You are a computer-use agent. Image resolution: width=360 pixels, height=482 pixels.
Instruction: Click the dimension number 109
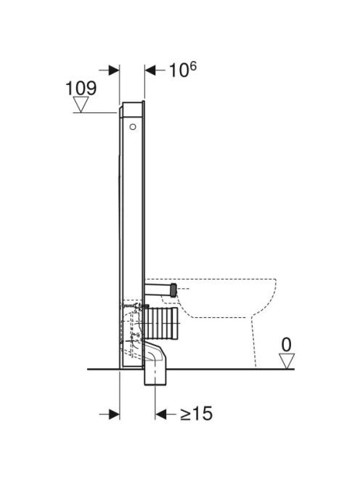[81, 88]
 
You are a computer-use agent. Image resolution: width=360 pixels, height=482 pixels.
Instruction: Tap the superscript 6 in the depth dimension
[192, 66]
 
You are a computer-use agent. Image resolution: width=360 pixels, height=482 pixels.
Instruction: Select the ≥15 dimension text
[196, 413]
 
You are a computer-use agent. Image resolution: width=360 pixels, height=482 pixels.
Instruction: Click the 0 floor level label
[286, 345]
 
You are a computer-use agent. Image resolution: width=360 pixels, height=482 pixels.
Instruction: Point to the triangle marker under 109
[81, 105]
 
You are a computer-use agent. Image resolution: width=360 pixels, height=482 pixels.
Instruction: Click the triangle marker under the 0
[287, 361]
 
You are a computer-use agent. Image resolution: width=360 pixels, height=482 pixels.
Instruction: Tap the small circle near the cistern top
[133, 126]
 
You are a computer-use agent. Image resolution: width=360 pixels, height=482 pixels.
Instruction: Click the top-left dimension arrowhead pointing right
[114, 70]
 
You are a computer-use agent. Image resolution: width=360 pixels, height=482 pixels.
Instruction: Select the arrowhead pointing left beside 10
[150, 70]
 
